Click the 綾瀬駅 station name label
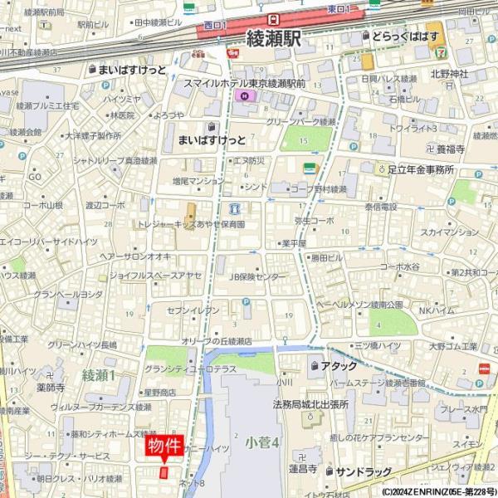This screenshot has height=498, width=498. tap(275, 39)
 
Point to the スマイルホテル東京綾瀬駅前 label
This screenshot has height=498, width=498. tap(245, 84)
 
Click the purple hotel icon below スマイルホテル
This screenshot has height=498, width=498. tap(243, 96)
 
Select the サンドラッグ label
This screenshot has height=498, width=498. tap(363, 471)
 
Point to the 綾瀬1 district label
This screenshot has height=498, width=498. tap(99, 376)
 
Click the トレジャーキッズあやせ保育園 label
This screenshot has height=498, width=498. tap(192, 224)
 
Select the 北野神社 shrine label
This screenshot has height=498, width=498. tap(449, 74)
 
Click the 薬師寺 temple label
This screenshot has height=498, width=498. tap(51, 387)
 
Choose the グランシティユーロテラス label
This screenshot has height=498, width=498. tap(190, 369)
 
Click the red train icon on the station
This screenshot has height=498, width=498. tap(272, 18)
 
